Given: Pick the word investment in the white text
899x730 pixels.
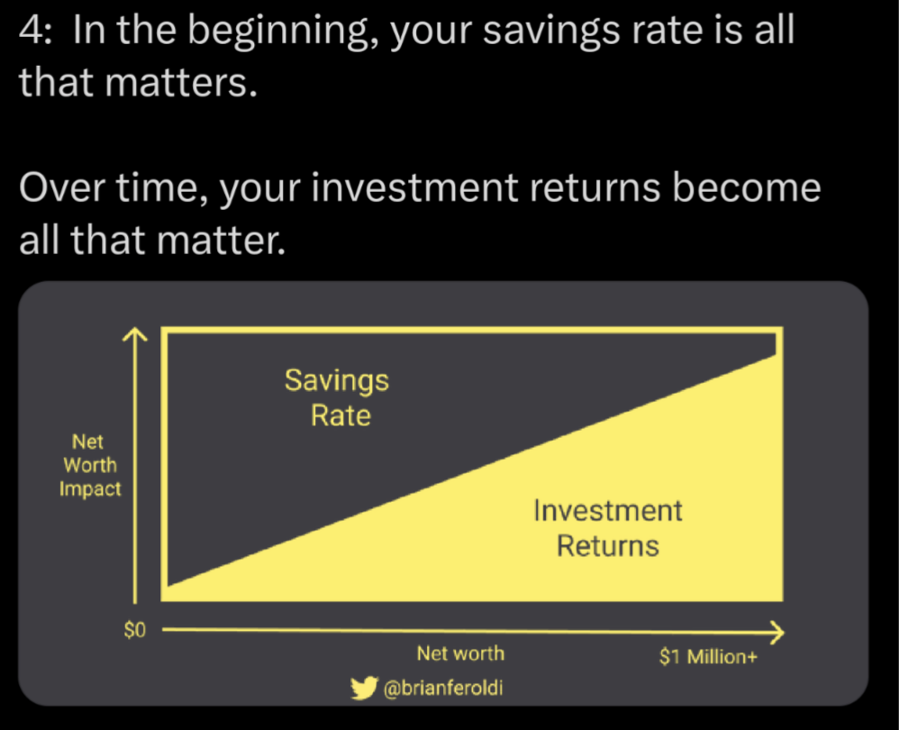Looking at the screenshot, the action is point(414,187).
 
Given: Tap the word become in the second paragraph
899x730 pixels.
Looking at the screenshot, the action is point(747,187).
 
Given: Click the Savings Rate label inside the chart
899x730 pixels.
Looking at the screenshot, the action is point(338,398).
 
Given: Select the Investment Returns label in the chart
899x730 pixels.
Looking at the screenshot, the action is point(608,528).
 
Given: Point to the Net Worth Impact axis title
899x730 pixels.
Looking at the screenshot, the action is point(90,466).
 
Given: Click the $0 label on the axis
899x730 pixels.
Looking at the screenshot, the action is point(135,630).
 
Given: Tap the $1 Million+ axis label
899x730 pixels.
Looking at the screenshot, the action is point(709,656).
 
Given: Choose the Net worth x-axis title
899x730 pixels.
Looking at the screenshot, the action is point(460,653).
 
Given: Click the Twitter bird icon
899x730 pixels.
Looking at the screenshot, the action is point(364,689).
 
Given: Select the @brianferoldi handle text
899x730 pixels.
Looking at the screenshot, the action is point(443,688).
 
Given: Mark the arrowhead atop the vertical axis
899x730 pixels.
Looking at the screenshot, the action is point(135,333).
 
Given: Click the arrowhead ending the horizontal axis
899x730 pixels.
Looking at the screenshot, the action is point(777,633).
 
